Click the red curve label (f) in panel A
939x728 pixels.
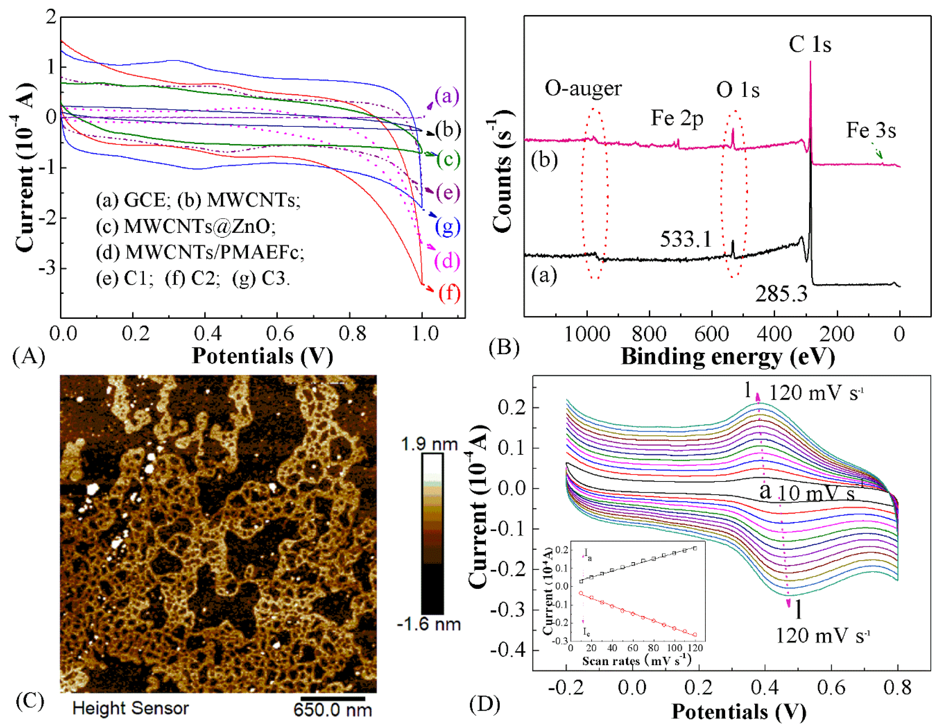tap(449, 293)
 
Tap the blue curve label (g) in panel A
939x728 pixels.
tap(448, 227)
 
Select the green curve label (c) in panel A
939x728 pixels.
tap(448, 159)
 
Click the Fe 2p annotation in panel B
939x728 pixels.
tap(677, 118)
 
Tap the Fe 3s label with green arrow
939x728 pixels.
tap(871, 130)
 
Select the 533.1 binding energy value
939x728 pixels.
tap(686, 239)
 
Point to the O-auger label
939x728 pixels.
tap(583, 88)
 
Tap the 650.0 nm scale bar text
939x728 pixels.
tap(332, 709)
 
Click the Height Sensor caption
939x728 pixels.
tap(130, 708)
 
